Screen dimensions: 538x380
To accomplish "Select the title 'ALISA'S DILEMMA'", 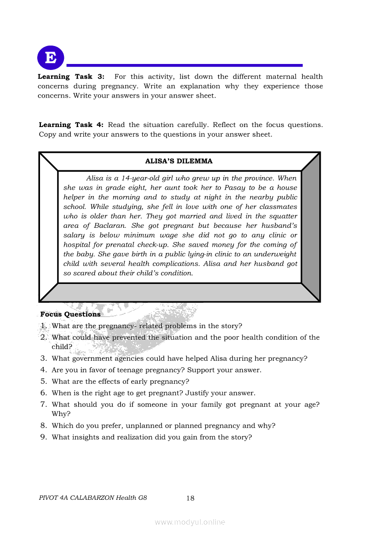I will click(179, 161).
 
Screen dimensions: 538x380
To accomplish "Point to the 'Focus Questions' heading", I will click(70, 314).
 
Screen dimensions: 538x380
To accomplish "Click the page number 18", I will click(190, 498).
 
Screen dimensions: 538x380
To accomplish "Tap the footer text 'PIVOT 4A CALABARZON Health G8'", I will click(93, 498).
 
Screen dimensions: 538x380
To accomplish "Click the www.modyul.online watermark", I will click(190, 522).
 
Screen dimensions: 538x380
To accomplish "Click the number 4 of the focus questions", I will click(43, 370).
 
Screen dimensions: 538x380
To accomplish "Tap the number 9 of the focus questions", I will click(43, 437).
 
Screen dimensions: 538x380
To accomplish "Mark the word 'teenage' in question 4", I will click(120, 370).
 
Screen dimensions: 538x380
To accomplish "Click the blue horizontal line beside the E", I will click(184, 65).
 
